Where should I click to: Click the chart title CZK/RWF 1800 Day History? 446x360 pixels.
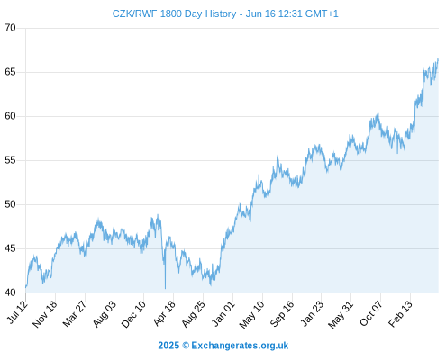174,13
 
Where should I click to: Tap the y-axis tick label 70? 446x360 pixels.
10,28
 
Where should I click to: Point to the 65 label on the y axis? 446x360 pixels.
10,72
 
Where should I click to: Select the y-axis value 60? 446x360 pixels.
10,116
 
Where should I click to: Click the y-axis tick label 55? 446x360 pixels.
10,160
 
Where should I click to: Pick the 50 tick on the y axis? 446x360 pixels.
10,204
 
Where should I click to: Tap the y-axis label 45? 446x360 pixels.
10,248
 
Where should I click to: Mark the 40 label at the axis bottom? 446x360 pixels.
10,292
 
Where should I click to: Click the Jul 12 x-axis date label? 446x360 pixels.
18,312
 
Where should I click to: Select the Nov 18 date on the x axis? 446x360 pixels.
44,314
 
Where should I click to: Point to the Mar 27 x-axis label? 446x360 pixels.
75,313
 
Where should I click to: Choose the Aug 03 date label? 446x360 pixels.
104,313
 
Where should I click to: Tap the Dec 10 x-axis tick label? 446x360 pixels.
133,314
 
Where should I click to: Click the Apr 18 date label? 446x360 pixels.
164,313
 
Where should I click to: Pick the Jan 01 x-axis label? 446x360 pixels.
223,313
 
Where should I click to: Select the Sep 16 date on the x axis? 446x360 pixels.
281,313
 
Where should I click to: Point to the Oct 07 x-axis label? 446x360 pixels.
371,313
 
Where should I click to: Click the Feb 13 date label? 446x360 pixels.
400,313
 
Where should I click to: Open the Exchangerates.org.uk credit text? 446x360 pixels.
240,346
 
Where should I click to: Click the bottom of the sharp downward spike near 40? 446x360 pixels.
165,289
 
